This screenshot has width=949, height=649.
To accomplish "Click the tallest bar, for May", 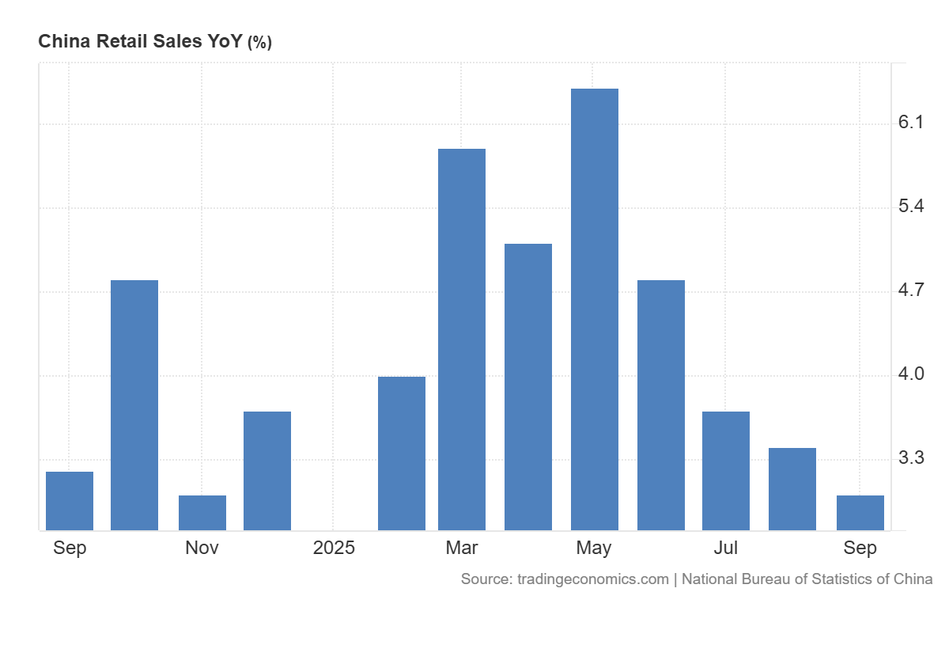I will tap(594, 309).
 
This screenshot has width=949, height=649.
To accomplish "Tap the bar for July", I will tap(726, 470).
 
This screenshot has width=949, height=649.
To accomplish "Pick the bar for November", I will tap(202, 512).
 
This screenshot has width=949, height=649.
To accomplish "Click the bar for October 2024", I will tap(134, 404).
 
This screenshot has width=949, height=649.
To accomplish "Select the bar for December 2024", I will tap(267, 470).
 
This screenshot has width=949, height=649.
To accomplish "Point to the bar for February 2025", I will tap(402, 453).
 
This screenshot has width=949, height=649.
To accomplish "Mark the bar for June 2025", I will tap(661, 404).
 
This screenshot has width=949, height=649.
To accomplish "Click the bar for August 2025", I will tap(792, 488).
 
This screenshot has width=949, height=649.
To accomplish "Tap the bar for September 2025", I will tap(860, 512).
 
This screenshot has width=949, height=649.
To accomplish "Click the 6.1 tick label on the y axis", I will tap(911, 122).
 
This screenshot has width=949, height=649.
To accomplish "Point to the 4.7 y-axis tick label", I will tap(911, 290).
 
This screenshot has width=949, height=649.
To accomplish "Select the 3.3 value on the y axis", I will tap(911, 457).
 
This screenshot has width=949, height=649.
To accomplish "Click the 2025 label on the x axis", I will tap(334, 548).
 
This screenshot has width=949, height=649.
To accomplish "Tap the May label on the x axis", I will tap(594, 548).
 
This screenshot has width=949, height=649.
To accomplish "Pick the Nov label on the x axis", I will tap(202, 548).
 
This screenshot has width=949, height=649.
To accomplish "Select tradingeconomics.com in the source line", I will tap(593, 579).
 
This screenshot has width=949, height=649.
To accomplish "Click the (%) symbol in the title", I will tap(259, 43).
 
